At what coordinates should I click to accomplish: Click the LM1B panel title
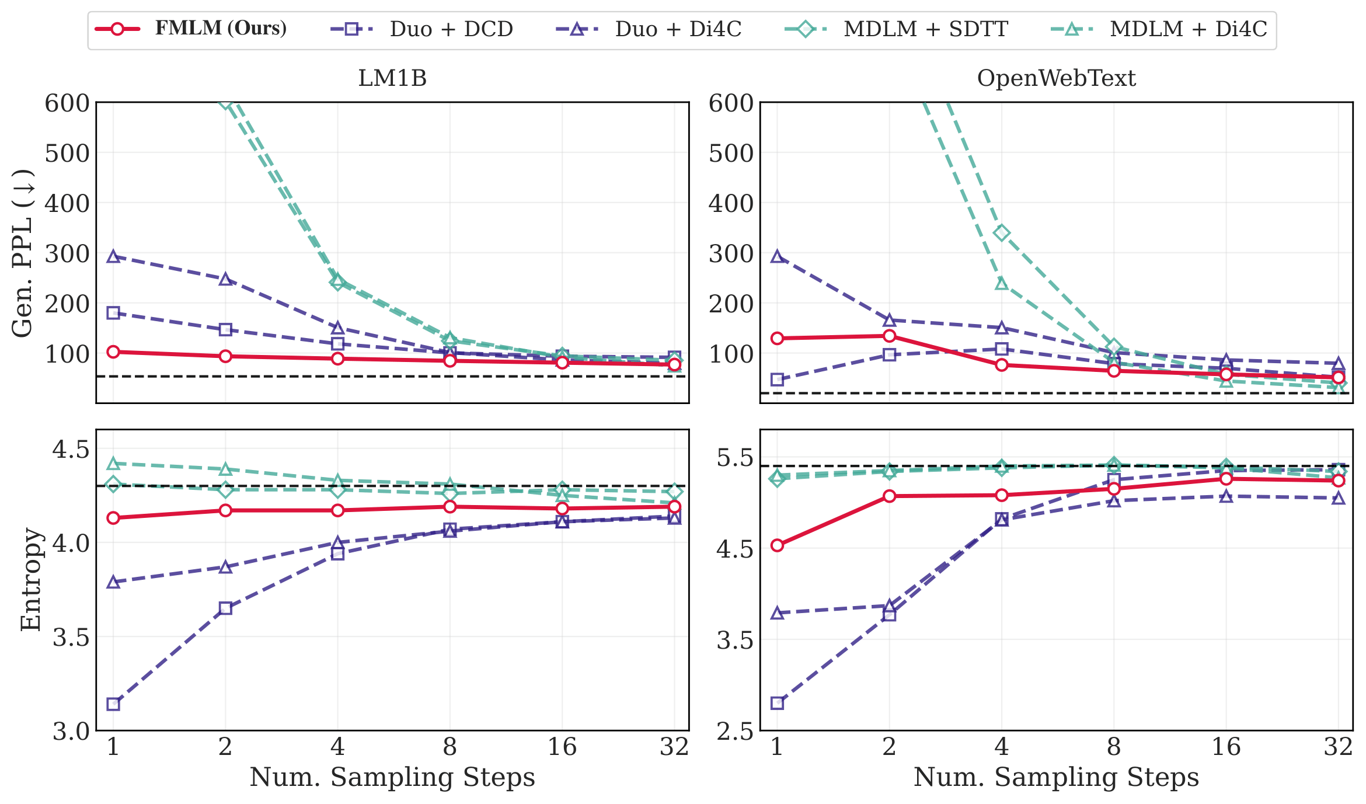point(392,78)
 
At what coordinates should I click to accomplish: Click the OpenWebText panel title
point(1056,78)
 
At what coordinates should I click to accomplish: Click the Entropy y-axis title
point(30,579)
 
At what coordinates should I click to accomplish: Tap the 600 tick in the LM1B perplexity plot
point(67,103)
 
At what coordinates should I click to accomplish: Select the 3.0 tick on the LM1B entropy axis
point(71,731)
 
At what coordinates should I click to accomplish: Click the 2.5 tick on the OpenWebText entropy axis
point(735,731)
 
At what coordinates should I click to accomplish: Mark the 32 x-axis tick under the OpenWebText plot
point(1339,747)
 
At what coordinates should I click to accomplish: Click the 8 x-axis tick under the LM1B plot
point(449,747)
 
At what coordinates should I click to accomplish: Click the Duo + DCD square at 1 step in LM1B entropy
point(113,704)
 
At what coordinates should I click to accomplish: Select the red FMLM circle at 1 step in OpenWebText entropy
point(777,545)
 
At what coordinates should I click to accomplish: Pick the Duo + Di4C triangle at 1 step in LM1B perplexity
point(113,256)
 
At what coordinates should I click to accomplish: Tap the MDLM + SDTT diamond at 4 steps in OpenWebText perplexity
point(1002,234)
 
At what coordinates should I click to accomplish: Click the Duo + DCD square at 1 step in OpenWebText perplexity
point(777,380)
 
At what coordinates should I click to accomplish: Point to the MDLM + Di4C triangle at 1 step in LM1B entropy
point(113,464)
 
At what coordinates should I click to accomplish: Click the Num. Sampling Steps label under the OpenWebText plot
point(1056,778)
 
